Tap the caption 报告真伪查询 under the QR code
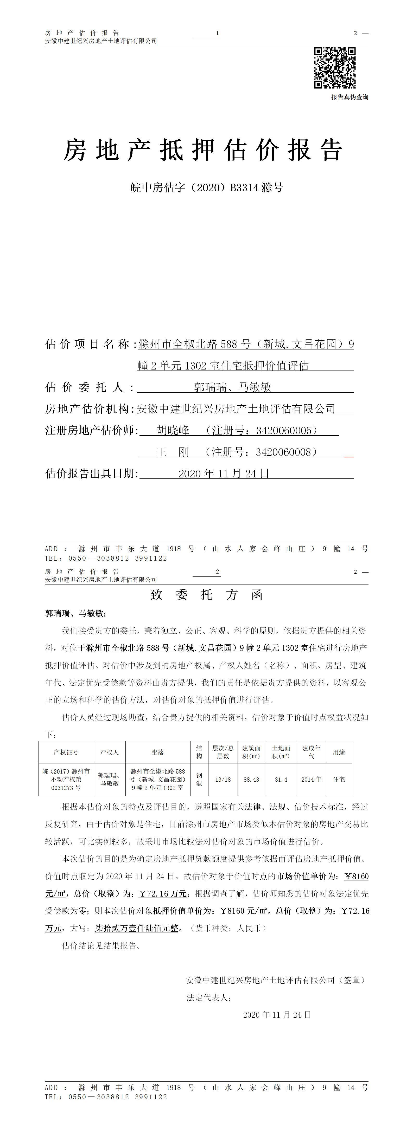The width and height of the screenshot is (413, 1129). tap(350, 97)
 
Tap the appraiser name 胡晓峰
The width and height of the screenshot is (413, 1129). tap(173, 430)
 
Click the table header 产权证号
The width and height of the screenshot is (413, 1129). tap(66, 752)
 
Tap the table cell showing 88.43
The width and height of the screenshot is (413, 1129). tap(251, 780)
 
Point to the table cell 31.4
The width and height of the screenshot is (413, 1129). tap(281, 780)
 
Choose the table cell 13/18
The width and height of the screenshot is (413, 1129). tap(223, 780)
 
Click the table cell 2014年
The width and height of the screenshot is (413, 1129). tap(311, 780)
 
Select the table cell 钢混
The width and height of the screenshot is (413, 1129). tap(199, 780)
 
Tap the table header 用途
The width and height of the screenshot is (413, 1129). tap(339, 752)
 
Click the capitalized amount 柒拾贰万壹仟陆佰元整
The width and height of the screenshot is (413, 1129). tap(137, 928)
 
